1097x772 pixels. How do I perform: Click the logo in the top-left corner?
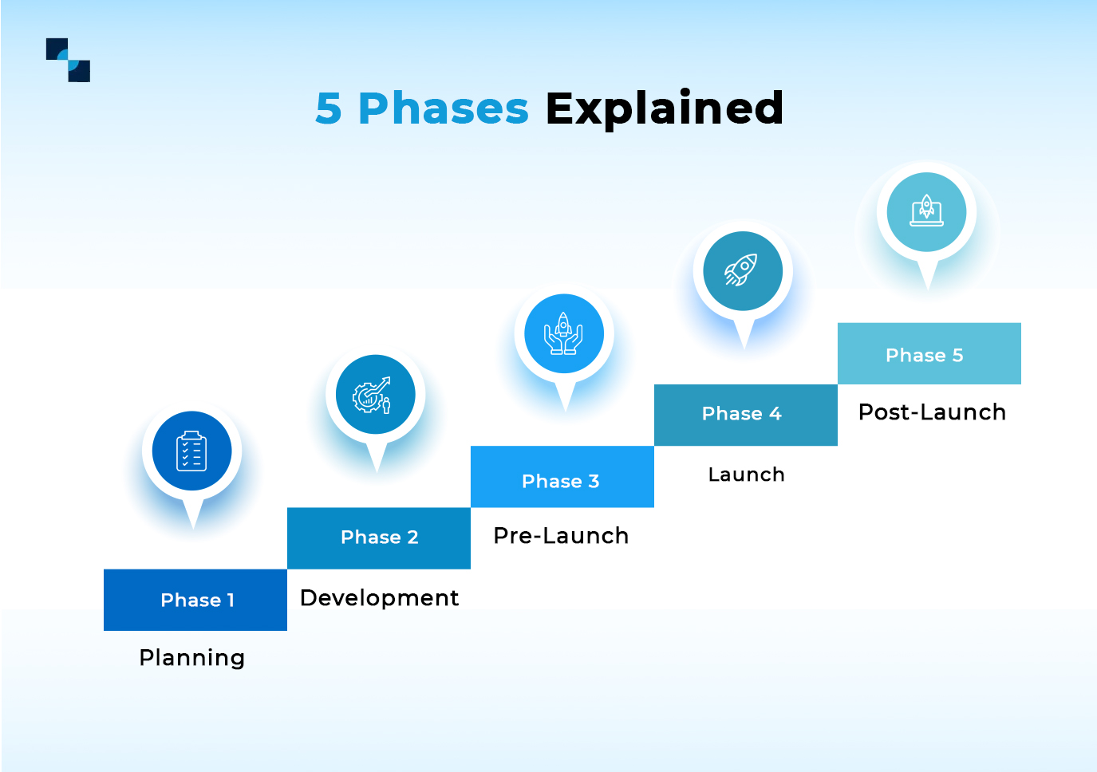click(68, 60)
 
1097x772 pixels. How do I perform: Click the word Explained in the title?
click(664, 108)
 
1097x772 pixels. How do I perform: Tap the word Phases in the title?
click(443, 108)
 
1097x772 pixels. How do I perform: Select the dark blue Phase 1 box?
click(195, 600)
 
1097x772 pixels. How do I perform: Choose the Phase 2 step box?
click(379, 538)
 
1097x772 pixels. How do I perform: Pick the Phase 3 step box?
click(562, 477)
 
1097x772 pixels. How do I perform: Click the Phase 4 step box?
click(745, 415)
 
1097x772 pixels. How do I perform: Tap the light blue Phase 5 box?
click(929, 353)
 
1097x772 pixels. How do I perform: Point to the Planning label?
click(191, 658)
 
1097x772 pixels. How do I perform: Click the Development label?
click(379, 598)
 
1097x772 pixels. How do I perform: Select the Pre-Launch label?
click(561, 536)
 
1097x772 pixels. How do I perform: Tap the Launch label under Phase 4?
click(746, 475)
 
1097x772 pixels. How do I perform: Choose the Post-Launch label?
click(932, 412)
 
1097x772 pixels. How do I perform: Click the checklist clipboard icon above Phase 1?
click(191, 451)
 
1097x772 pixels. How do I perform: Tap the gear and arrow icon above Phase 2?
click(375, 395)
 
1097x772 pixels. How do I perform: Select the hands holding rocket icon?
click(563, 333)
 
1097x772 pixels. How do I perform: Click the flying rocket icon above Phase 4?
click(742, 271)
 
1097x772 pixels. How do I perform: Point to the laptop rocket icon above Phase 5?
click(926, 212)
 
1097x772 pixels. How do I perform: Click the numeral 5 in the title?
click(329, 108)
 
